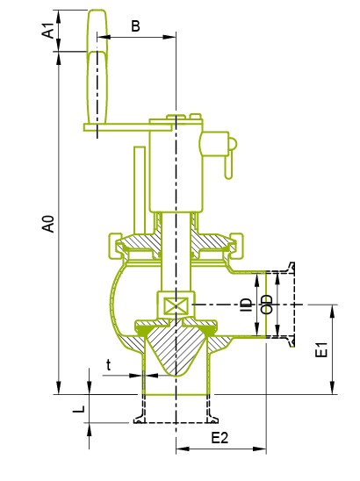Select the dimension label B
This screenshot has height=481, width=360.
[x=135, y=26]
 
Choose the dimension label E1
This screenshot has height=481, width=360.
[x=322, y=349]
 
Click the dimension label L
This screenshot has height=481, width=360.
[x=77, y=410]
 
